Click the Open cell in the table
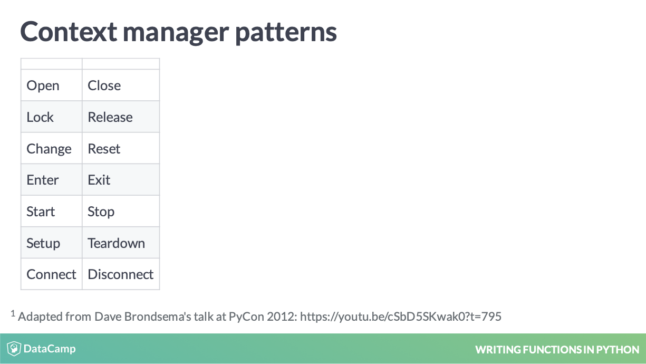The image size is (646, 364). pos(51,85)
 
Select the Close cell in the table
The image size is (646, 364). pos(121,85)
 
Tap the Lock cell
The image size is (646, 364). pos(51,117)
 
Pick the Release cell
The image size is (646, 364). pos(121,117)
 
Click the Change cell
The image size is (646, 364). pos(51,148)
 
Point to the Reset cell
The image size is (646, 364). pos(121,148)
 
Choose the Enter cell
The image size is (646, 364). pos(51,180)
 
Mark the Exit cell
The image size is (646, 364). pos(121,180)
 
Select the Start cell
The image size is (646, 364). pos(51,211)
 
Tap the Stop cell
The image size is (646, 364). pos(121,211)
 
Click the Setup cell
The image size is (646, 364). pos(51,243)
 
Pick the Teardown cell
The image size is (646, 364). pos(121,243)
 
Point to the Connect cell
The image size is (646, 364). pos(51,274)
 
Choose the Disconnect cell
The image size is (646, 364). pos(121,274)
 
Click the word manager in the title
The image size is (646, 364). pos(176,34)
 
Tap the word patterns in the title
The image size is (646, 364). pos(286,33)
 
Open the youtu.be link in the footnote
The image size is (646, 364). pos(401,317)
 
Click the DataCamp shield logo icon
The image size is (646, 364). pos(14,348)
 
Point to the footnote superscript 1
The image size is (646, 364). pos(13,313)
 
